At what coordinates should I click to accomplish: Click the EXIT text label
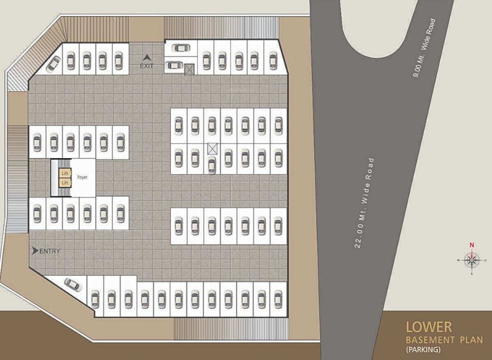(147, 66)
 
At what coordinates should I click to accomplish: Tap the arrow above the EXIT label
(147, 58)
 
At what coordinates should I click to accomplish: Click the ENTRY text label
(50, 251)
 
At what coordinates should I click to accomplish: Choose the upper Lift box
(65, 173)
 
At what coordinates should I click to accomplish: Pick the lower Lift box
(65, 182)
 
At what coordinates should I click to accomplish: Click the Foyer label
(82, 177)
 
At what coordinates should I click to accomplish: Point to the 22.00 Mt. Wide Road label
(364, 203)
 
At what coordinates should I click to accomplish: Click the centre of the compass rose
(472, 260)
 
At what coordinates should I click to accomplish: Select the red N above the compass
(472, 245)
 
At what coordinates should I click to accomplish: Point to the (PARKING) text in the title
(424, 349)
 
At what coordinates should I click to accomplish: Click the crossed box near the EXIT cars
(189, 69)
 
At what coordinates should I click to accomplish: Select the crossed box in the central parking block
(212, 149)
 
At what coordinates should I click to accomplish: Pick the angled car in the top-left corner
(53, 63)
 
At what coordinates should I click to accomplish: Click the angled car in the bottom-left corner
(73, 284)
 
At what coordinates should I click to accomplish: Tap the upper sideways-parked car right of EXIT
(181, 47)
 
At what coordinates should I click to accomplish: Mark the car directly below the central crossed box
(212, 165)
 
